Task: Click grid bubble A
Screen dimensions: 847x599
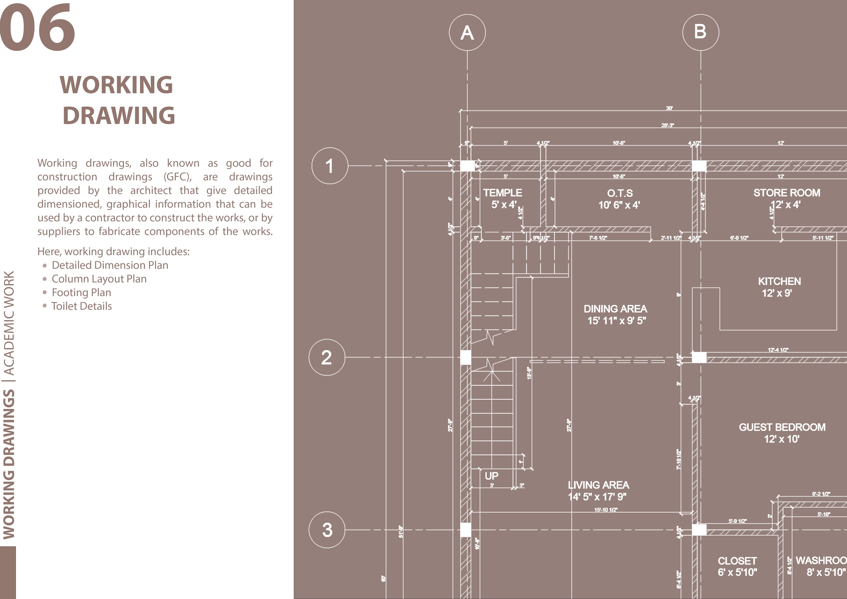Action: [x=467, y=32]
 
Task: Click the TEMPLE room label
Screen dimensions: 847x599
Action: [x=502, y=193]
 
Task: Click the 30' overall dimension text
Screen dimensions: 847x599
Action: [x=669, y=108]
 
